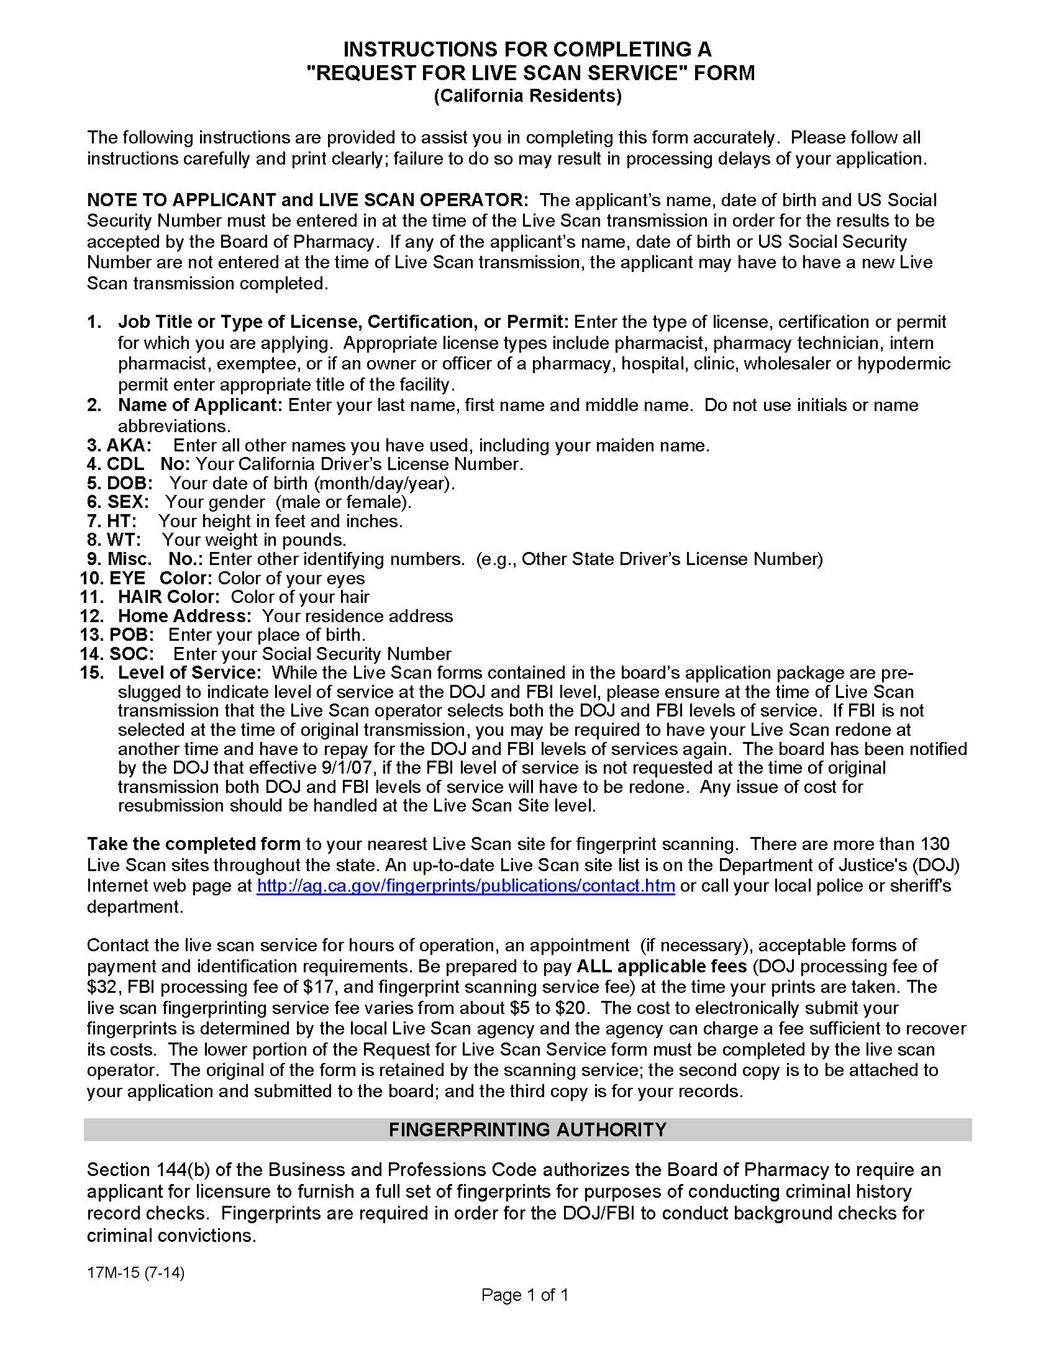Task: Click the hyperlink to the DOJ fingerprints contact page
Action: pos(465,885)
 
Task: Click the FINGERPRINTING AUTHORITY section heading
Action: pos(527,1129)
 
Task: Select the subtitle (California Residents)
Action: pos(527,96)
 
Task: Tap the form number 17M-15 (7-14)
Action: pos(136,1272)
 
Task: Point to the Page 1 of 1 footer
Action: pos(524,1295)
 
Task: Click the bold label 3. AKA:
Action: pos(119,445)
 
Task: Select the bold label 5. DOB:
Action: pos(119,483)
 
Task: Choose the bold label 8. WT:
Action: pos(114,539)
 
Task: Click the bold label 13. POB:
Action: pos(117,634)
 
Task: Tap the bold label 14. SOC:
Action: pos(117,654)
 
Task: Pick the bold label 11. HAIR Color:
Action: pos(150,597)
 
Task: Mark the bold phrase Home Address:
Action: pos(184,615)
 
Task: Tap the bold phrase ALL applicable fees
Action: pos(662,966)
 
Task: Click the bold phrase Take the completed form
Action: pos(194,844)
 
